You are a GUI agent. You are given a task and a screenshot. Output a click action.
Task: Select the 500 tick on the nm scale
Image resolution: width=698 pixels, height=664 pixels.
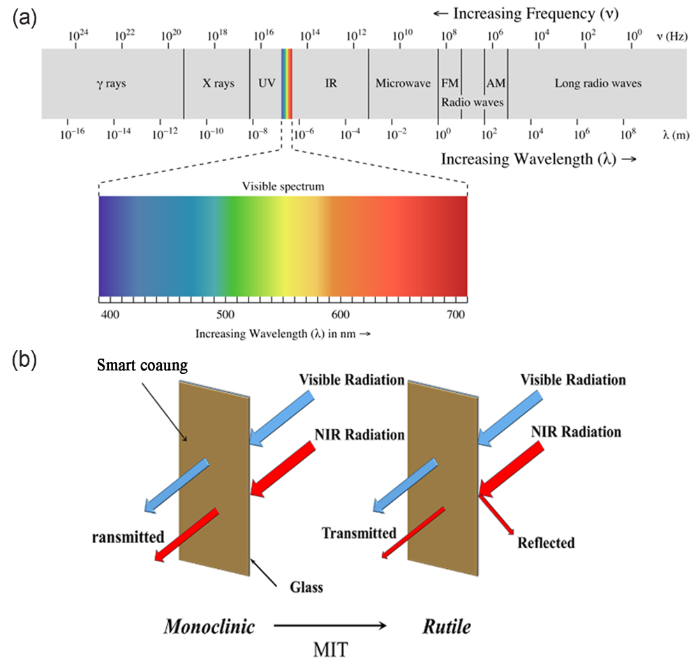[225, 315]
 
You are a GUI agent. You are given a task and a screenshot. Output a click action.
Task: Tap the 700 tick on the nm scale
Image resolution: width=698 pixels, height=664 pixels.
[457, 315]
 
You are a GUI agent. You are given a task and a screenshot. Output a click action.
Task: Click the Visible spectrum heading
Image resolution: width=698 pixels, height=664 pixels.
[283, 187]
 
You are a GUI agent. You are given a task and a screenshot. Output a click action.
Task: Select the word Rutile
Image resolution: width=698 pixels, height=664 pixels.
[446, 626]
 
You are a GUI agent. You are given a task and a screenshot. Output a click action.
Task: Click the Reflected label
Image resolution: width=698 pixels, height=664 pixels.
[547, 542]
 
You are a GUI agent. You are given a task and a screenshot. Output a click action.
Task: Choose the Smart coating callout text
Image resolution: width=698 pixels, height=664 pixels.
[143, 365]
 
